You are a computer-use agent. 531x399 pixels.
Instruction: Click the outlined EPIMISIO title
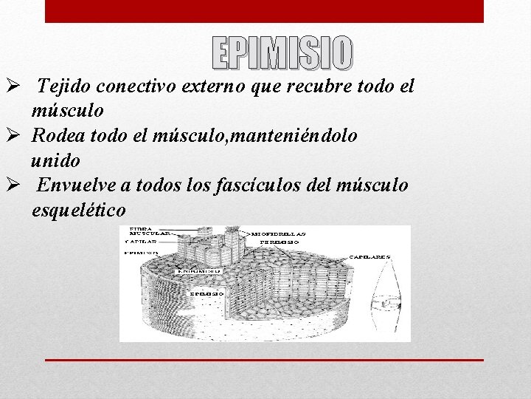[x=282, y=52]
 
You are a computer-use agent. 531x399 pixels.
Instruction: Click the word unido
[x=56, y=160]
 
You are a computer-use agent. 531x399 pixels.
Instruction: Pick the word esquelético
[x=78, y=210]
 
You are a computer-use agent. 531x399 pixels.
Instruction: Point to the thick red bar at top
[x=264, y=11]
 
